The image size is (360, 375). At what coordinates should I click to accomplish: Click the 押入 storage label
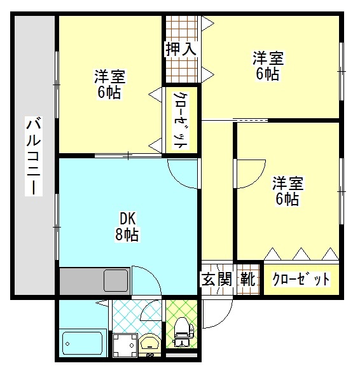coord(181,48)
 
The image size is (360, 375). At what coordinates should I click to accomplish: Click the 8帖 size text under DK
coord(127,235)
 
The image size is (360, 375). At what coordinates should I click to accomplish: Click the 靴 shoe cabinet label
coord(249,279)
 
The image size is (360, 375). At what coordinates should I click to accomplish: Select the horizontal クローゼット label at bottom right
coord(301,279)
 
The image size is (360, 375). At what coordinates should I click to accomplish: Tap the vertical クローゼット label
coord(181,120)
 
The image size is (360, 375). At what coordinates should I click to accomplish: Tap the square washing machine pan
coord(124,345)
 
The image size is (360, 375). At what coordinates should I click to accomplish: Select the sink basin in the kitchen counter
coord(116,279)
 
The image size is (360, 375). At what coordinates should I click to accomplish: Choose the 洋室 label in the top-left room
coord(110,77)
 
